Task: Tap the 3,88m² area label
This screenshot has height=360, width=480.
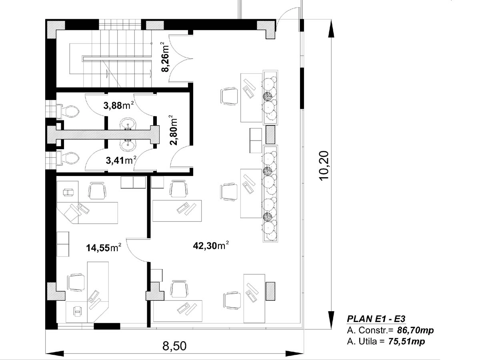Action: click(118, 106)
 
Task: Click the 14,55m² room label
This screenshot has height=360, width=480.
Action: click(104, 248)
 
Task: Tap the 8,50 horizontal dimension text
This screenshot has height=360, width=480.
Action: click(174, 345)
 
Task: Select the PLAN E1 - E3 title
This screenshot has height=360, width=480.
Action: click(376, 319)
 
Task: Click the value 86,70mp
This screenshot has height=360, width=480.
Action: click(415, 330)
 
